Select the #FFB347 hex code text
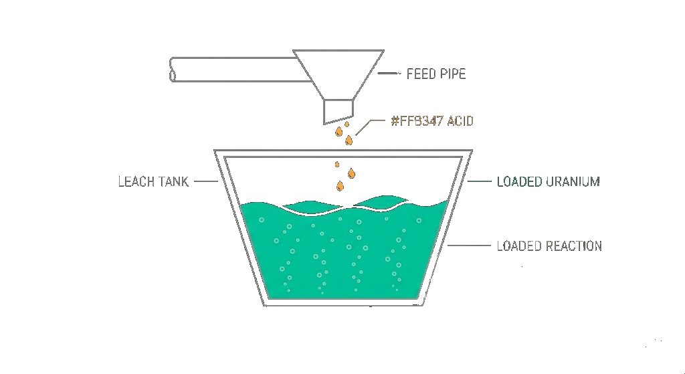tap(417, 120)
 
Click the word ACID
tap(460, 120)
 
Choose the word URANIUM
tap(573, 181)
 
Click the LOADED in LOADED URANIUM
tap(519, 181)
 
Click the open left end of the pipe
tap(172, 70)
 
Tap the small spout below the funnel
tap(338, 112)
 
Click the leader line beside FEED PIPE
tap(389, 74)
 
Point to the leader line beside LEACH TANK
tap(206, 181)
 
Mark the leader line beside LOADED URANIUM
tap(479, 181)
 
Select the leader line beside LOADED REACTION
tap(469, 246)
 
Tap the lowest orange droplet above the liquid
tap(340, 186)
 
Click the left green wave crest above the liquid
tap(310, 205)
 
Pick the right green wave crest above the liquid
tap(379, 201)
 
